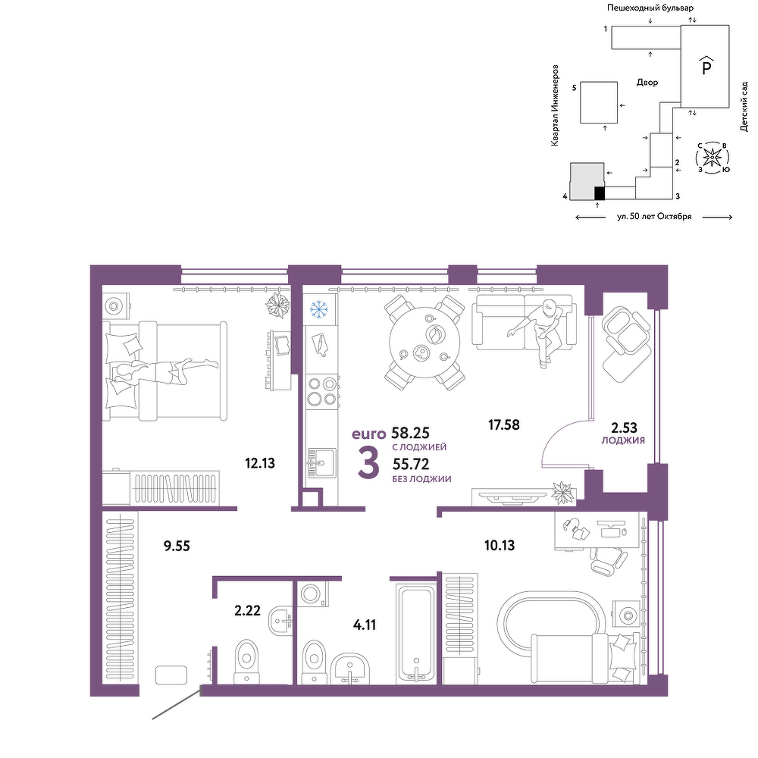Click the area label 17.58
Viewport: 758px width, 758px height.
(504, 425)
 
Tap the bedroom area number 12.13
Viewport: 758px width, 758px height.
(259, 463)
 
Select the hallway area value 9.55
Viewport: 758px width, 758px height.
(177, 547)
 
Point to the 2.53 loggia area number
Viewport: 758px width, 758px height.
(624, 428)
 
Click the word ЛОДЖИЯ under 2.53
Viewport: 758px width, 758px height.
(623, 440)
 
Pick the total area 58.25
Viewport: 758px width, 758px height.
(410, 432)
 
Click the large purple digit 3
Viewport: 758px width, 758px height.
(368, 463)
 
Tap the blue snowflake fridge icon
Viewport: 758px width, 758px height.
(318, 309)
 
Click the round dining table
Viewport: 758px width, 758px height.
(424, 343)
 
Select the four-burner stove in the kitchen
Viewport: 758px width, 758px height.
(322, 391)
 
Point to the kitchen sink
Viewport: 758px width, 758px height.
(321, 462)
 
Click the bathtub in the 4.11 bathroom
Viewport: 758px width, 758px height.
(415, 634)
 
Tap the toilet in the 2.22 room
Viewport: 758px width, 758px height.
(247, 661)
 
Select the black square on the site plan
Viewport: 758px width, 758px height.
(600, 193)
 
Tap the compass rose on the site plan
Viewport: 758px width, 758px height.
(712, 158)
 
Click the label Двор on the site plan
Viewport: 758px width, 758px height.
(647, 83)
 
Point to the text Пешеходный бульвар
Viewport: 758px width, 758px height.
(650, 8)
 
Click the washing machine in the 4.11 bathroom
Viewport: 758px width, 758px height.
(312, 593)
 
